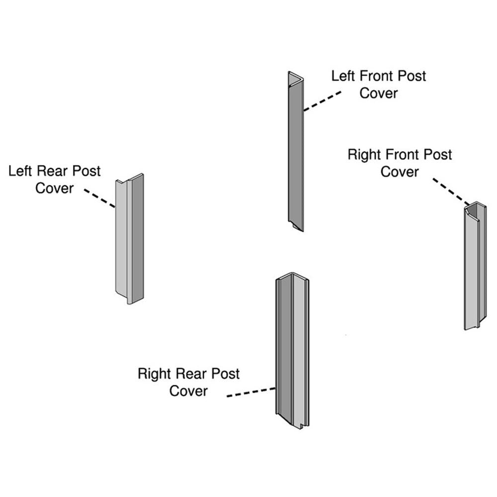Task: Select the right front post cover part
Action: coord(475,268)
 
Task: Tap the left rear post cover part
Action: coord(129,239)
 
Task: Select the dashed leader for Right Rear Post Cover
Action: coord(251,393)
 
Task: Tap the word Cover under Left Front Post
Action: coord(379,93)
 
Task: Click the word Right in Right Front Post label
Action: coord(365,155)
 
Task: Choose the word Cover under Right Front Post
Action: coord(400,171)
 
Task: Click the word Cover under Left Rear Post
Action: coord(55,188)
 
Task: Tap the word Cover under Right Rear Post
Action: coord(188,391)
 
